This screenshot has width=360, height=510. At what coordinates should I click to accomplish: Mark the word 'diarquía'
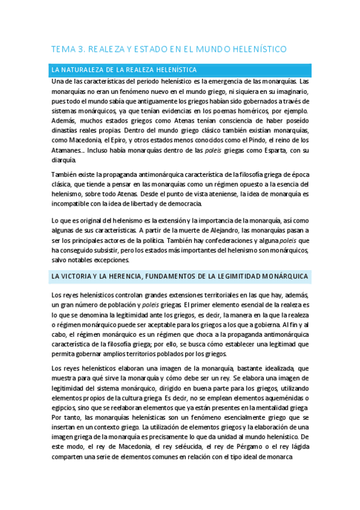pyautogui.click(x=64, y=160)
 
